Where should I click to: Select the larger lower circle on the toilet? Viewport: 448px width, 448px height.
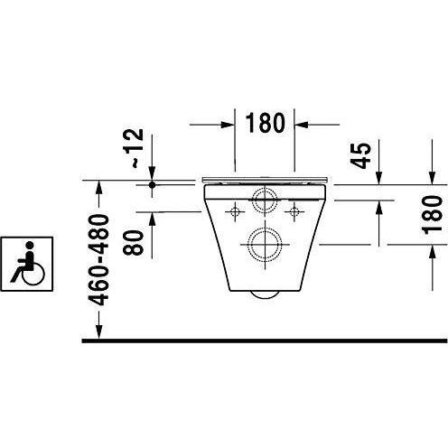click(265, 244)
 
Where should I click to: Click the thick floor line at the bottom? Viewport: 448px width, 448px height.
click(262, 341)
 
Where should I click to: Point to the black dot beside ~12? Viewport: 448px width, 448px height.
click(152, 185)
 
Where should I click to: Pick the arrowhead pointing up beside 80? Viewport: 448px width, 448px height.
click(152, 219)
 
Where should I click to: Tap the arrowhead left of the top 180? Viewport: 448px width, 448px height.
click(230, 122)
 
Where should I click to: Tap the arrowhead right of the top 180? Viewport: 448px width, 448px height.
click(302, 122)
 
